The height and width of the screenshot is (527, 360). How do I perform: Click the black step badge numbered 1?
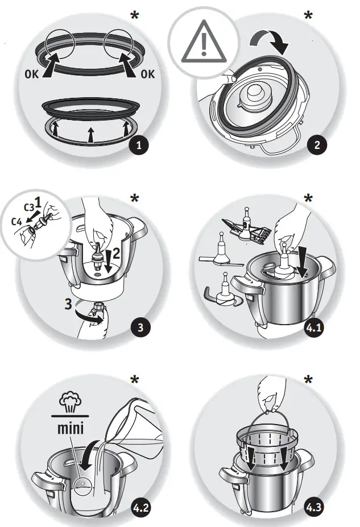(x=138, y=145)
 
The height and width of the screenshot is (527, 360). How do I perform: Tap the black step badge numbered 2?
(x=317, y=144)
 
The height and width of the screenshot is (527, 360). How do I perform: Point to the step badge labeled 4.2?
(x=138, y=508)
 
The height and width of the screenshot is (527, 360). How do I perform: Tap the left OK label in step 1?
(x=33, y=74)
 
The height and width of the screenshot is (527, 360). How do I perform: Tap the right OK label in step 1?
(x=148, y=74)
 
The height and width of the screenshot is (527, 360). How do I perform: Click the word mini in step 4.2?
(x=71, y=427)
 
